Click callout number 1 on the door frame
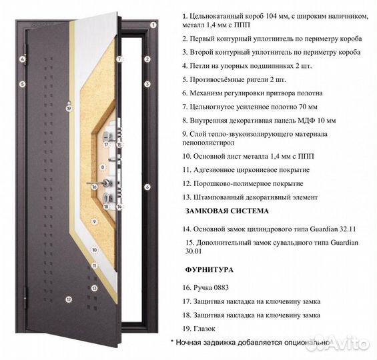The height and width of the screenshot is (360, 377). pyautogui.click(x=153, y=25)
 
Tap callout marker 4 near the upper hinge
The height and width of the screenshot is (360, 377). pyautogui.click(x=22, y=59)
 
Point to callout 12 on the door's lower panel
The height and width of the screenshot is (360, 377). pyautogui.click(x=68, y=299)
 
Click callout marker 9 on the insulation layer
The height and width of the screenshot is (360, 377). pyautogui.click(x=94, y=221)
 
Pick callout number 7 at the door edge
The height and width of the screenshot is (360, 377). pyautogui.click(x=120, y=59)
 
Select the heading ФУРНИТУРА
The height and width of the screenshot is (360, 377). pyautogui.click(x=208, y=270)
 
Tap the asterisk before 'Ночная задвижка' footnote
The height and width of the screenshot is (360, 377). pyautogui.click(x=172, y=341)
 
